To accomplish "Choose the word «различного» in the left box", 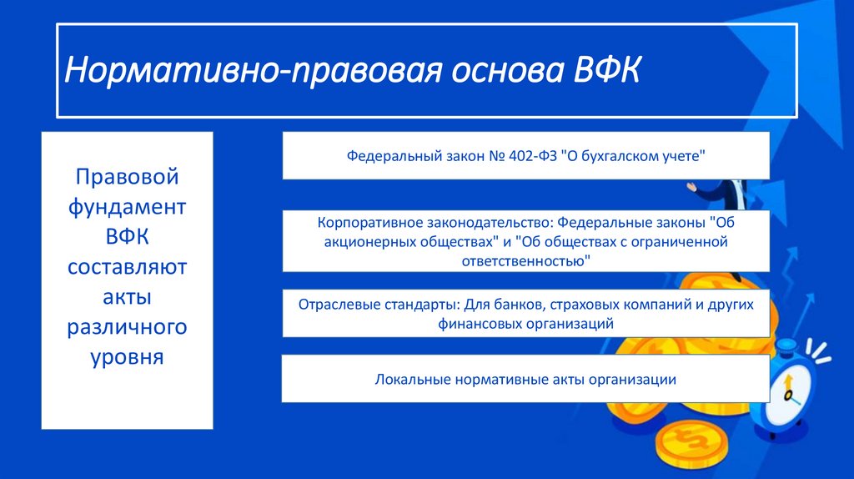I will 128,326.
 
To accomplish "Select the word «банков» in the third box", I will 521,305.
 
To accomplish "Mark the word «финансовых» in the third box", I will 477,323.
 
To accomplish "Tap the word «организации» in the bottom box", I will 633,379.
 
